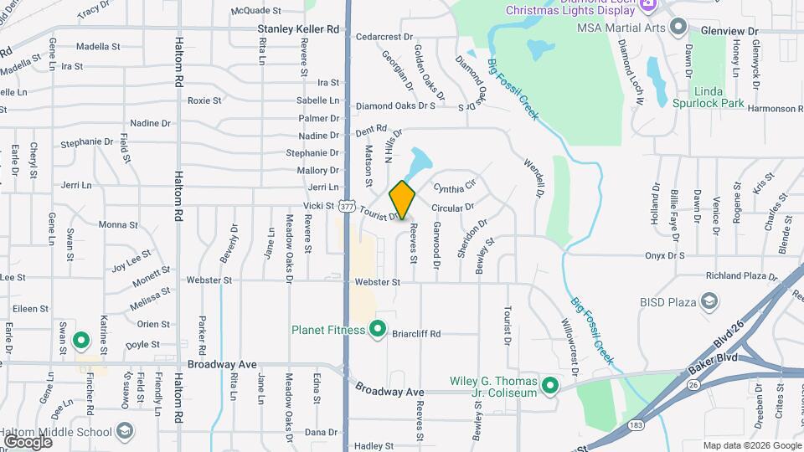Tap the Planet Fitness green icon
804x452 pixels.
pyautogui.click(x=378, y=329)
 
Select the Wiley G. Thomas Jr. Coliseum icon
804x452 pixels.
pyautogui.click(x=550, y=386)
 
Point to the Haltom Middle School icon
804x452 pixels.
pyautogui.click(x=125, y=432)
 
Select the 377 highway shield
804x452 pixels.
pyautogui.click(x=348, y=206)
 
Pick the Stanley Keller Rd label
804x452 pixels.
pyautogui.click(x=298, y=29)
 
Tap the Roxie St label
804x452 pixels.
pyautogui.click(x=204, y=100)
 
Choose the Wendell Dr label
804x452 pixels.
pyautogui.click(x=533, y=174)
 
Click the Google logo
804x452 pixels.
pyautogui.click(x=28, y=441)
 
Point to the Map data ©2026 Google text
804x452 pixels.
pyautogui.click(x=751, y=445)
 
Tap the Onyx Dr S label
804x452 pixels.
pyautogui.click(x=665, y=255)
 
